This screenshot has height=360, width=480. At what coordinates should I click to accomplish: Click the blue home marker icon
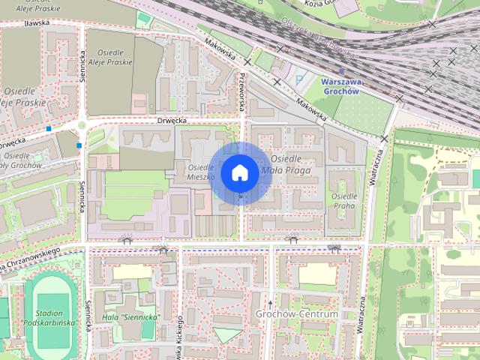pyautogui.click(x=239, y=172)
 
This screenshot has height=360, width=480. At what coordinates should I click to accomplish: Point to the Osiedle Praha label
pyautogui.click(x=343, y=201)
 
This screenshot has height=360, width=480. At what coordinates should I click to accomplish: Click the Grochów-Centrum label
pyautogui.click(x=297, y=313)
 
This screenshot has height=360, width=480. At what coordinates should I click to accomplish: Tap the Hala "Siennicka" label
pyautogui.click(x=130, y=316)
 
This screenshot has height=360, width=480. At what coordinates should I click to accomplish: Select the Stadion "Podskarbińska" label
pyautogui.click(x=51, y=316)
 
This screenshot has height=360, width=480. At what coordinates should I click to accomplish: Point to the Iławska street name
pyautogui.click(x=36, y=23)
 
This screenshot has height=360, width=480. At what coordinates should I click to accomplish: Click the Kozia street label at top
pyautogui.click(x=319, y=4)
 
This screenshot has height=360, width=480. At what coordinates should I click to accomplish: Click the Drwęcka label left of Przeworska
pyautogui.click(x=171, y=119)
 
